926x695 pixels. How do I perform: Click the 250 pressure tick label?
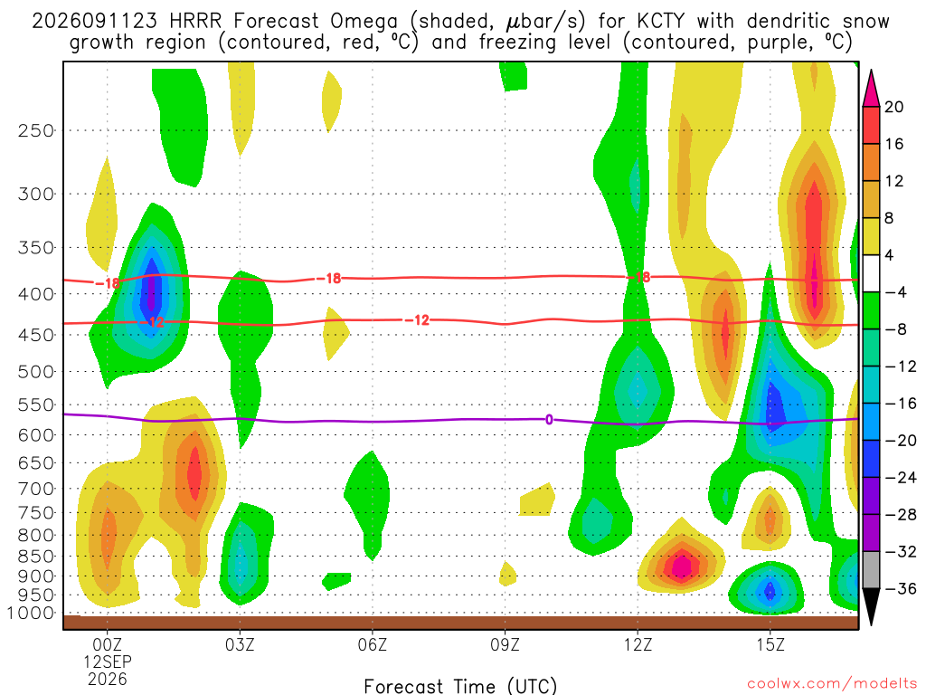click(x=36, y=130)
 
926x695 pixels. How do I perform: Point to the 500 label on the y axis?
click(x=36, y=372)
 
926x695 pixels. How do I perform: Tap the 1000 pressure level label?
click(x=32, y=613)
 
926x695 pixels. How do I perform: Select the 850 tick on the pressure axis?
click(x=36, y=557)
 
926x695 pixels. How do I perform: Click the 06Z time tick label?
click(x=373, y=644)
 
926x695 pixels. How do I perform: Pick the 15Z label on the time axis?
click(x=770, y=644)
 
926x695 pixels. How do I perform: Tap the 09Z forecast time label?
click(x=505, y=644)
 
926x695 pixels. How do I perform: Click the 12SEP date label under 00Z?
click(x=108, y=662)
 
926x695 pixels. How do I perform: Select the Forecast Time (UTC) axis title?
click(x=460, y=686)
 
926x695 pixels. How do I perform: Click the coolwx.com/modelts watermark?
click(x=832, y=684)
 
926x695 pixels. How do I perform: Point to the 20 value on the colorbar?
click(x=893, y=107)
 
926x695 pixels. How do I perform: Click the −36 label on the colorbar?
click(x=900, y=588)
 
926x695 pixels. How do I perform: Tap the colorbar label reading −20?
click(x=900, y=441)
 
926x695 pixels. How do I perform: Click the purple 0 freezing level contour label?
click(x=549, y=420)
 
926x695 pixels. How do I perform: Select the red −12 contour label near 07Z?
click(x=417, y=320)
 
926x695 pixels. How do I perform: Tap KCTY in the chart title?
click(x=661, y=22)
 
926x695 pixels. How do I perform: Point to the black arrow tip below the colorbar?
click(x=871, y=624)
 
